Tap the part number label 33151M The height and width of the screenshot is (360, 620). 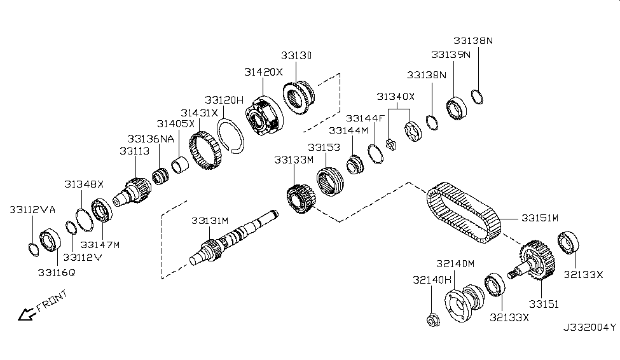[x=539, y=218]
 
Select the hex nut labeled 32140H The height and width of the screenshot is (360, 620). [x=431, y=320]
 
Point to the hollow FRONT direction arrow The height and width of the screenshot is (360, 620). [x=27, y=313]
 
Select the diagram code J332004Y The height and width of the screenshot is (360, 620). [x=589, y=328]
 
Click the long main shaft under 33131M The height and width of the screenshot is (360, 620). [x=235, y=239]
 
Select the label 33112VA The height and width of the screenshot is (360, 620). [x=32, y=209]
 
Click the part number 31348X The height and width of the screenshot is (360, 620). [x=83, y=184]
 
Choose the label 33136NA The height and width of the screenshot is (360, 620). [x=151, y=138]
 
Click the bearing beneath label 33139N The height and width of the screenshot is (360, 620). [x=457, y=108]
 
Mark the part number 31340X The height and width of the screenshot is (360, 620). [x=396, y=97]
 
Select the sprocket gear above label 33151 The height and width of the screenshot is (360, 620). [x=535, y=260]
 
